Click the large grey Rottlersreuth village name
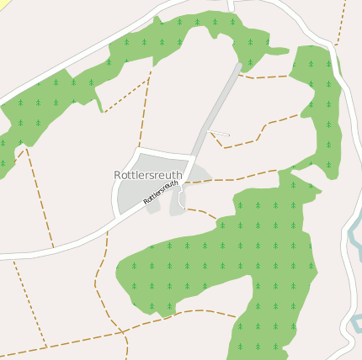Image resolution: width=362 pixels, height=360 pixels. (147, 174)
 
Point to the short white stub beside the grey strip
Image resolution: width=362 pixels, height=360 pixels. (219, 133)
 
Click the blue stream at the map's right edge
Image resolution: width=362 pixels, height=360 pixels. (354, 236)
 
